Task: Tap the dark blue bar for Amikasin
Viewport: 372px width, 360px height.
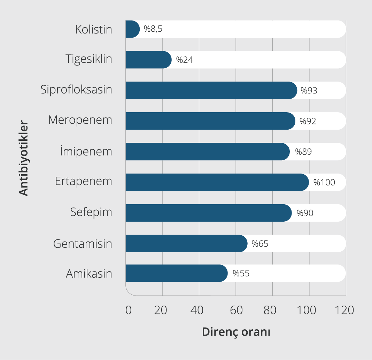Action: pyautogui.click(x=176, y=273)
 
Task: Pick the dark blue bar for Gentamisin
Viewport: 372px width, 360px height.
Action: pyautogui.click(x=186, y=243)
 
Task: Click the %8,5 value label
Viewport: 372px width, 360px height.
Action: pyautogui.click(x=153, y=29)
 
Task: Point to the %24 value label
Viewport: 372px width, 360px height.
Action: pyautogui.click(x=185, y=60)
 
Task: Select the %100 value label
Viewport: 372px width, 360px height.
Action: pyautogui.click(x=324, y=182)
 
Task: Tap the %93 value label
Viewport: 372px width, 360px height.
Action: pyautogui.click(x=309, y=91)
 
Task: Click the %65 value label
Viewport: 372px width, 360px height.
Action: pyautogui.click(x=260, y=243)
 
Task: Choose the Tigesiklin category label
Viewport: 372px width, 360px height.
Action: pyautogui.click(x=89, y=59)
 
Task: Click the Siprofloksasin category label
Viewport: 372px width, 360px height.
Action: pyautogui.click(x=76, y=90)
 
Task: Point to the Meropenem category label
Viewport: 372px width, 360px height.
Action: pyautogui.click(x=80, y=120)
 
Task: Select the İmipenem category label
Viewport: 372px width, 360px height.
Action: pyautogui.click(x=86, y=151)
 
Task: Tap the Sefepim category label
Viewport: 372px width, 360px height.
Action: pyautogui.click(x=91, y=212)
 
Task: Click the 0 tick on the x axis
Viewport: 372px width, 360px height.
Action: pyautogui.click(x=129, y=310)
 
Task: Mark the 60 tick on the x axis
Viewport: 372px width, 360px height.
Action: pyautogui.click(x=236, y=310)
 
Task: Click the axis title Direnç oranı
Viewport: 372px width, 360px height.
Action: pyautogui.click(x=236, y=332)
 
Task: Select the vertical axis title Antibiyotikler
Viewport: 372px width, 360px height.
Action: pyautogui.click(x=23, y=158)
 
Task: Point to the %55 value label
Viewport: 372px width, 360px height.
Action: pyautogui.click(x=241, y=273)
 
